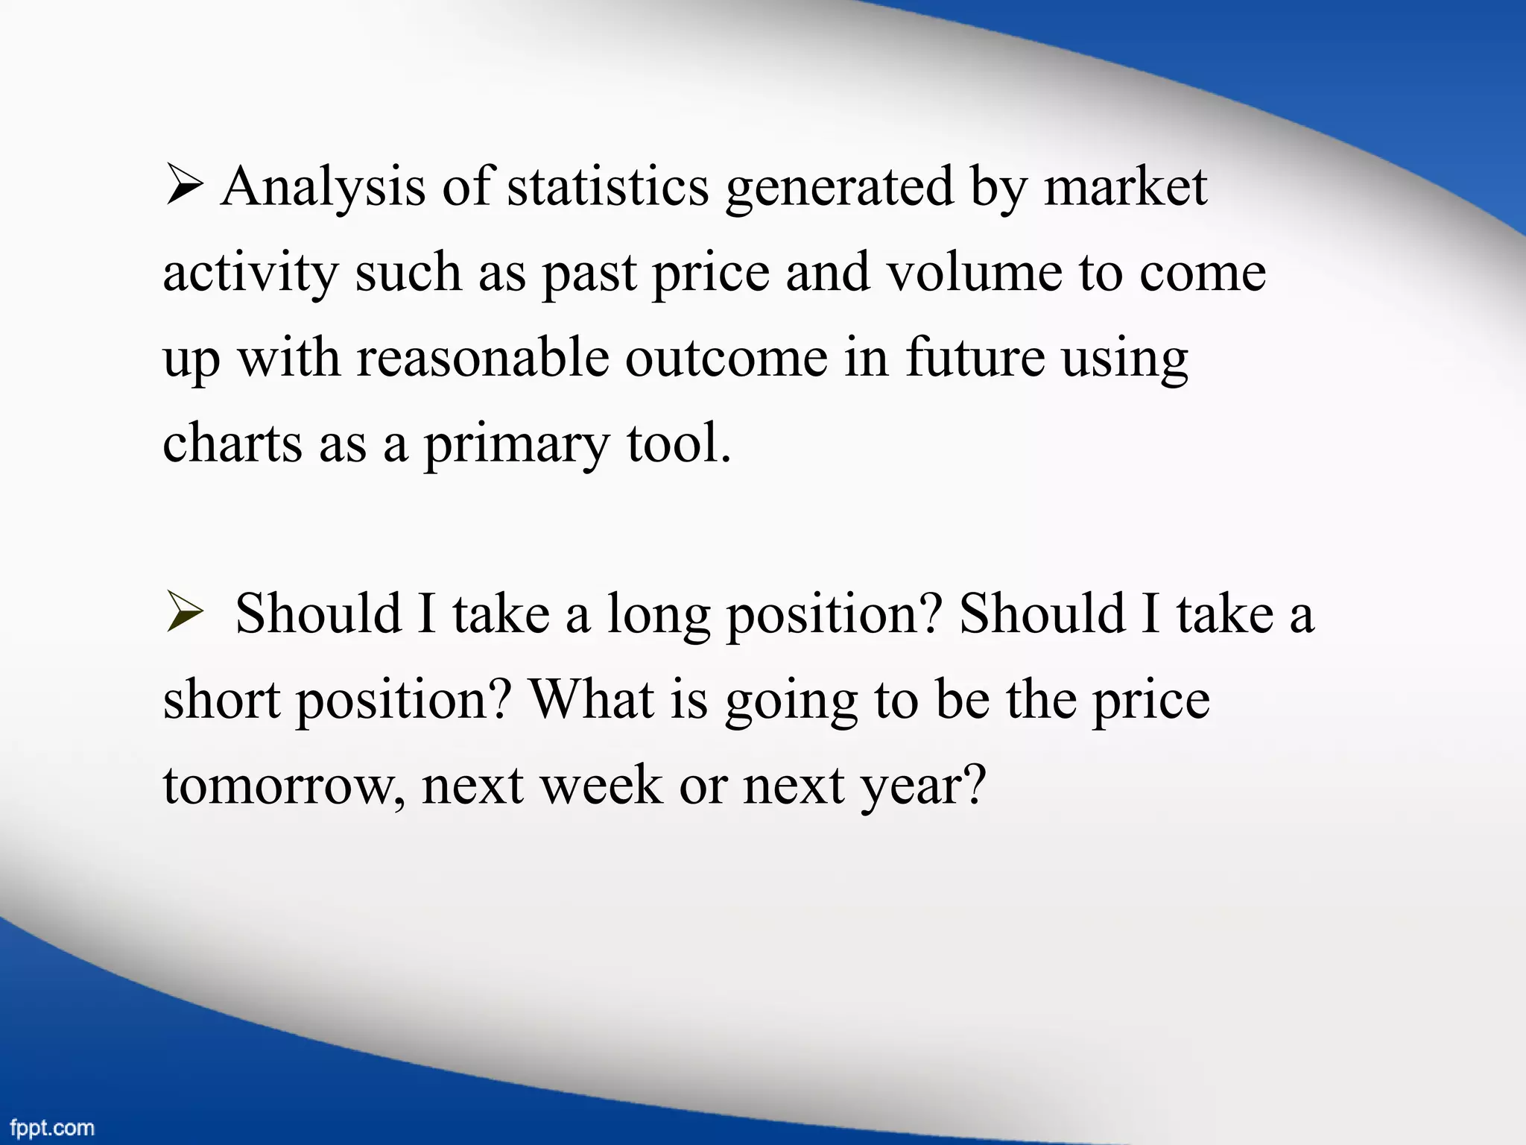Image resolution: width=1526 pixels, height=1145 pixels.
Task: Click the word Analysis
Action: tap(323, 187)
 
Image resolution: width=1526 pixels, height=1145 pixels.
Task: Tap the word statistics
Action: tap(608, 187)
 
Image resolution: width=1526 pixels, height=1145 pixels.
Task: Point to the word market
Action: tap(1125, 187)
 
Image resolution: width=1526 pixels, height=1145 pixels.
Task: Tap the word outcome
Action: tap(726, 359)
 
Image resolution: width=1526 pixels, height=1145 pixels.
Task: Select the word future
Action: tap(975, 359)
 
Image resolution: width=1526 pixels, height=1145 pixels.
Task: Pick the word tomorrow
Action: tap(284, 786)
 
